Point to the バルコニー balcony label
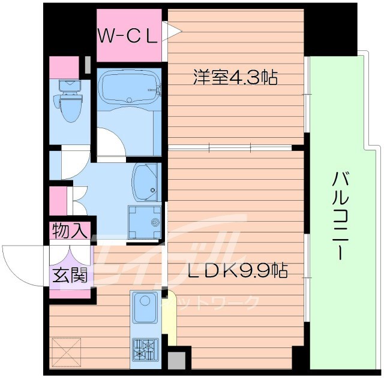pyautogui.click(x=338, y=216)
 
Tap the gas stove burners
pyautogui.click(x=145, y=348)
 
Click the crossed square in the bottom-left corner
pyautogui.click(x=66, y=351)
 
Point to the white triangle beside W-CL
pyautogui.click(x=172, y=32)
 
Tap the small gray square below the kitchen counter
pyautogui.click(x=176, y=361)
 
